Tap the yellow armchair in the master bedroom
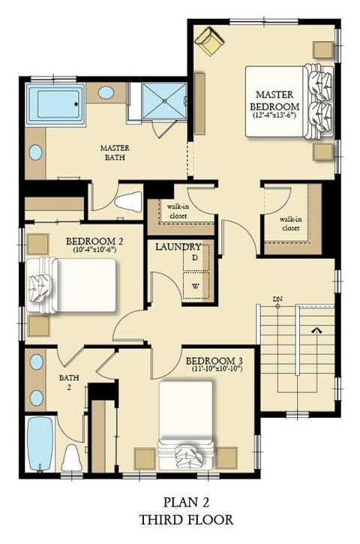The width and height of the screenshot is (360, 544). [x=209, y=41]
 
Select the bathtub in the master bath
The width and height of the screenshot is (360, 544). [x=56, y=104]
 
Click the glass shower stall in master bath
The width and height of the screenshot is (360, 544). [x=164, y=101]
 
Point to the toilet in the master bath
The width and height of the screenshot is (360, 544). [x=128, y=201]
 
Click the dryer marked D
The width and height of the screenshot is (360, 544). [x=196, y=257]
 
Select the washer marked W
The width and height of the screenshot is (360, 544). [x=196, y=286]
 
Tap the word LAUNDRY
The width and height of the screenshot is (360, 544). [x=178, y=247]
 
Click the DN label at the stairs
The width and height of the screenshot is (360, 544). [x=277, y=299]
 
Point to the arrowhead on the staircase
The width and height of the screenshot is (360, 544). [x=316, y=330]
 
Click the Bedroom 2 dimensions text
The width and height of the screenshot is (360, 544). [x=94, y=249]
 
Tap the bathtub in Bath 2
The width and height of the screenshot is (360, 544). [x=40, y=443]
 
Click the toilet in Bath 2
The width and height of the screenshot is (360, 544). [x=71, y=458]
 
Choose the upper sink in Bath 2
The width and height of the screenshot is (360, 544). [x=37, y=362]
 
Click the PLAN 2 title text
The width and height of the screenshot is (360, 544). [x=186, y=502]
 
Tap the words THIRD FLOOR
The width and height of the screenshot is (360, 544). [x=186, y=519]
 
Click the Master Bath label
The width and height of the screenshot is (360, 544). [x=115, y=152]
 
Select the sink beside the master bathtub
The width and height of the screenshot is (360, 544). [x=106, y=92]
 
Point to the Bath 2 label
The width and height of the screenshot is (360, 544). [x=69, y=383]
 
